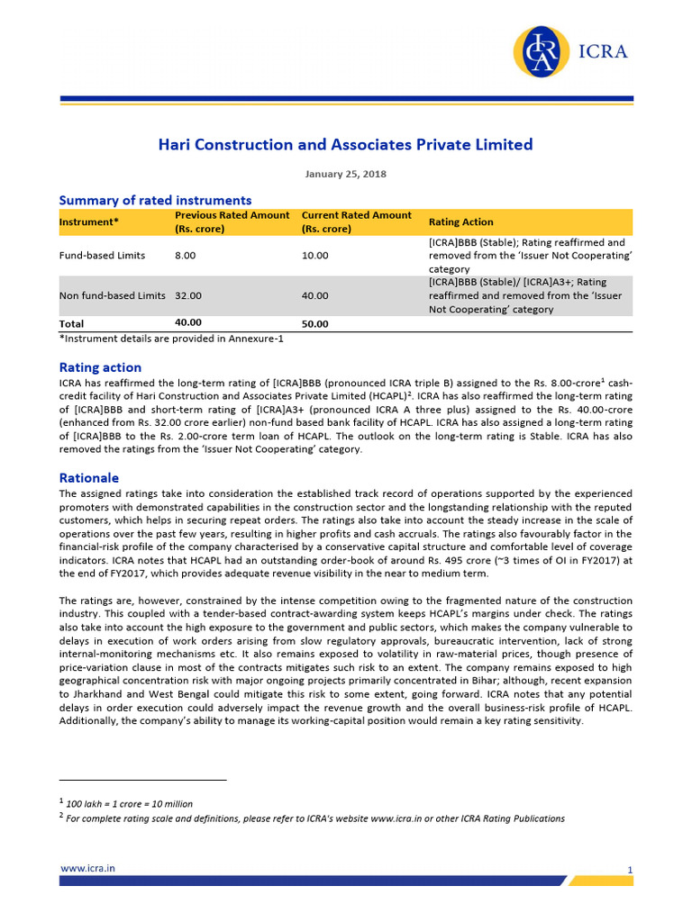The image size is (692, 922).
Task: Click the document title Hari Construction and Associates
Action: [346, 144]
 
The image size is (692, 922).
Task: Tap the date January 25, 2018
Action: [346, 174]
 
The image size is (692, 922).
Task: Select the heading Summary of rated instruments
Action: [155, 200]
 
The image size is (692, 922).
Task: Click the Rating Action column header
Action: [460, 222]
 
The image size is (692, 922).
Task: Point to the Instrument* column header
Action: [88, 222]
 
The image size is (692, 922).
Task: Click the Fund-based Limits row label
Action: [102, 256]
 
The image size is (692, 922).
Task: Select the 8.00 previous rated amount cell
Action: [186, 256]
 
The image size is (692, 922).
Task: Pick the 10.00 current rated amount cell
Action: [314, 256]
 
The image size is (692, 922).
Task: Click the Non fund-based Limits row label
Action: [112, 295]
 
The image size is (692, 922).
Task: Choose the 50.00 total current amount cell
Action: [314, 324]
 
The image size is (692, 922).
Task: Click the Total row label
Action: [71, 323]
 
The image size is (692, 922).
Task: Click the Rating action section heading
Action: [100, 367]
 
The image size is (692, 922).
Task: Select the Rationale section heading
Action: [88, 478]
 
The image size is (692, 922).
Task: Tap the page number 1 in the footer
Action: [630, 870]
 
